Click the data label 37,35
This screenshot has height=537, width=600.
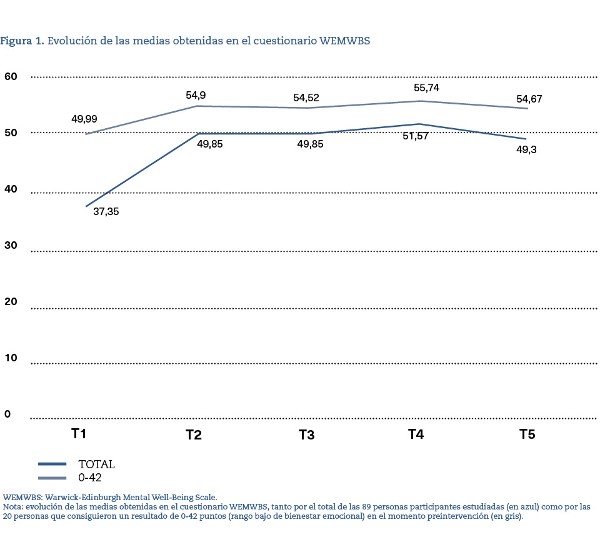point(106,211)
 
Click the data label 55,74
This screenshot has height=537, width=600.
point(426,88)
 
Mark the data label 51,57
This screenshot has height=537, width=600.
point(415,136)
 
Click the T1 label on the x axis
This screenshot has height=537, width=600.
point(78,433)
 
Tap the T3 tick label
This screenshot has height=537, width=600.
point(306,434)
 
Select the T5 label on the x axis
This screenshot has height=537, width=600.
point(527,434)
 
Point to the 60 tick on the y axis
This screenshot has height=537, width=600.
point(11,76)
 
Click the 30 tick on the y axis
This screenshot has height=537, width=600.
point(11,246)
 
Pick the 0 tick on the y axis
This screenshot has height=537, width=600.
point(7,414)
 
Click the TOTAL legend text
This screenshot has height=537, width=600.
point(96,464)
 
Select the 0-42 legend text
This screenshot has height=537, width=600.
point(90,478)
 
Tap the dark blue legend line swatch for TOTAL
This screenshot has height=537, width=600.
point(52,464)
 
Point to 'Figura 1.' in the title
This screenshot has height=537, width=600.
point(22,41)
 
